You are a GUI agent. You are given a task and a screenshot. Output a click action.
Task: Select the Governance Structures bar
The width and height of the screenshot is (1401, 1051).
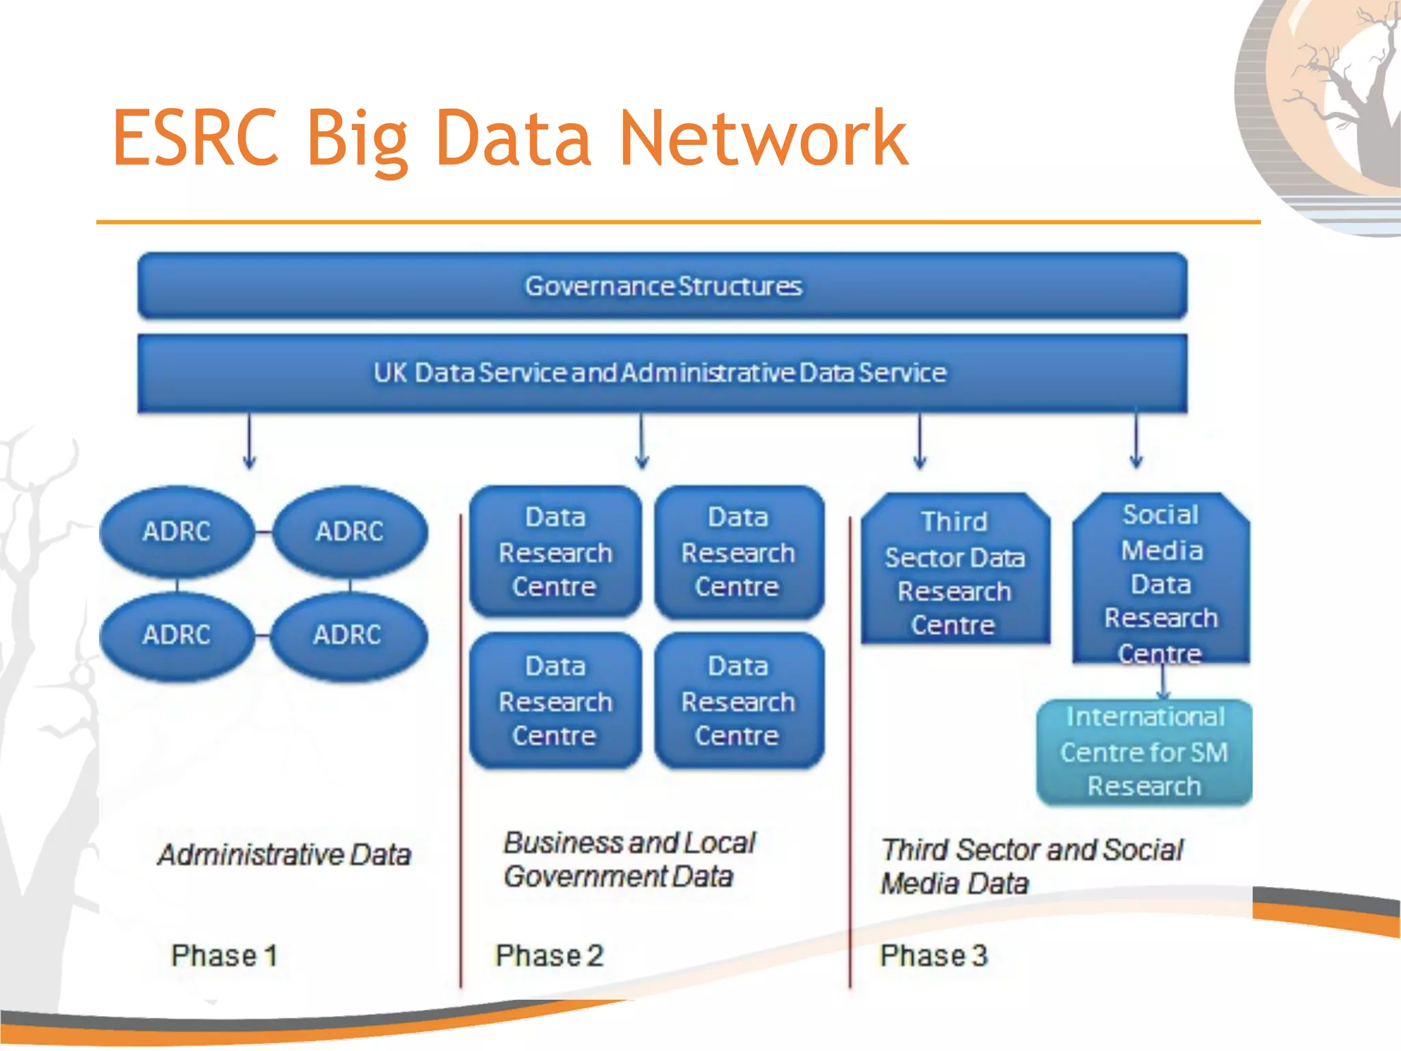click(662, 286)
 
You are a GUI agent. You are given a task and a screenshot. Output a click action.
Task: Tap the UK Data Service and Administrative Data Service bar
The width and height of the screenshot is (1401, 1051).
click(662, 373)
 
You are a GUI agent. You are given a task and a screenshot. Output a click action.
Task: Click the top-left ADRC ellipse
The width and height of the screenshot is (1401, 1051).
click(176, 532)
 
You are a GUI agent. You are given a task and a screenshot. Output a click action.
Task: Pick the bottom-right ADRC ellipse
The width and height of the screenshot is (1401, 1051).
click(348, 635)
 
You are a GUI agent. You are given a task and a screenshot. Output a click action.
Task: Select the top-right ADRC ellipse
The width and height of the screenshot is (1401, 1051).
click(350, 532)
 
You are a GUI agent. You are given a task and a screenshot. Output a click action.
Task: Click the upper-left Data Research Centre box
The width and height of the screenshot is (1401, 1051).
click(555, 552)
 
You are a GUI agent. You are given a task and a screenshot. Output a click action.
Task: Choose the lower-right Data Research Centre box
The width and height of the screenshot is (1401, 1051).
click(738, 701)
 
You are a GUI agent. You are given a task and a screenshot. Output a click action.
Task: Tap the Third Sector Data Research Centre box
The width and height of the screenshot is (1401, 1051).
click(954, 572)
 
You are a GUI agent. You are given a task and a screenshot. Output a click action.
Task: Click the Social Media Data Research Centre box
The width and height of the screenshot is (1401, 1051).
click(1161, 582)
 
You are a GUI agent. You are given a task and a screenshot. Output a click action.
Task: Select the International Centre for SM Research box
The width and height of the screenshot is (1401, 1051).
click(1144, 752)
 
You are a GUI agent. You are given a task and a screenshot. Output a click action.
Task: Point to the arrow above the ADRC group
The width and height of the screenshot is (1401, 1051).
click(250, 441)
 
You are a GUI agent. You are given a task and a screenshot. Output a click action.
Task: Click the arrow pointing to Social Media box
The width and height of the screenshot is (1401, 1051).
click(1136, 439)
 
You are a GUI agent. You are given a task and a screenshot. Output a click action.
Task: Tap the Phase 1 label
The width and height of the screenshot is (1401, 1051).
click(224, 956)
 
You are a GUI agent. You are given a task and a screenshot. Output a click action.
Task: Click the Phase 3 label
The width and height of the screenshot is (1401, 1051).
click(934, 956)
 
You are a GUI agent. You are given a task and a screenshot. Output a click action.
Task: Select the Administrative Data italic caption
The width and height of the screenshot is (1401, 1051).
click(284, 855)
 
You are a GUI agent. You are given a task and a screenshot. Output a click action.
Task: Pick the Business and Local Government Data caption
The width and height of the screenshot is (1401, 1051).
click(628, 859)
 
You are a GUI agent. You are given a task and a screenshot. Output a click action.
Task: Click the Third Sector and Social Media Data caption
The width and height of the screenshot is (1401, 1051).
click(1030, 866)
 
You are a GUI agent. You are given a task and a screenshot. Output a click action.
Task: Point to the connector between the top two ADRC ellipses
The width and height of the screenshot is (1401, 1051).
click(263, 532)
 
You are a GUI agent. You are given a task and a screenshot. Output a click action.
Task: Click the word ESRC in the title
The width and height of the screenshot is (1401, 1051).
click(196, 139)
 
